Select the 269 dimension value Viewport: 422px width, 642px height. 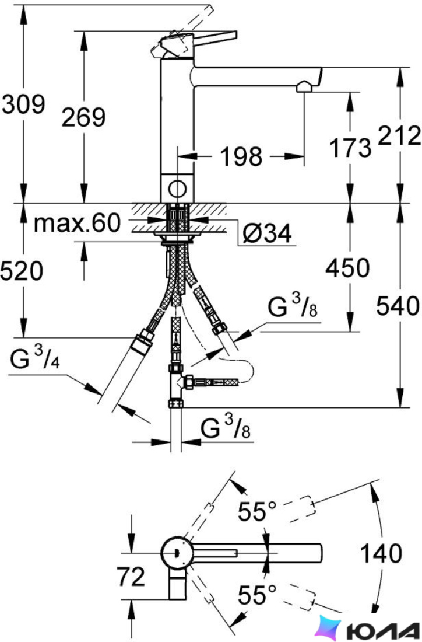tap(83, 117)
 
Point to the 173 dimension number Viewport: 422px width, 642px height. tap(350, 148)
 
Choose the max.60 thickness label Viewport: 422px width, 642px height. tap(78, 223)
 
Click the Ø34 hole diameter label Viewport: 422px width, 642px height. tap(267, 234)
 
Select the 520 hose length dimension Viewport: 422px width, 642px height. tap(22, 271)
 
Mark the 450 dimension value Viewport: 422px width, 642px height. tap(347, 268)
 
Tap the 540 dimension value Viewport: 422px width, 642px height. tap(398, 306)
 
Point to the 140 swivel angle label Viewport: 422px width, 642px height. tap(381, 553)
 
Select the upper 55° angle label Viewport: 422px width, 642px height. tap(257, 511)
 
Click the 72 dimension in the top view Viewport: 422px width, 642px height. tap(131, 577)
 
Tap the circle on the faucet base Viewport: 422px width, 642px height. tap(178, 189)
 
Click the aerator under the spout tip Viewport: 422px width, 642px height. tap(304, 87)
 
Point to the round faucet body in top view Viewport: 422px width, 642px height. tap(177, 553)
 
